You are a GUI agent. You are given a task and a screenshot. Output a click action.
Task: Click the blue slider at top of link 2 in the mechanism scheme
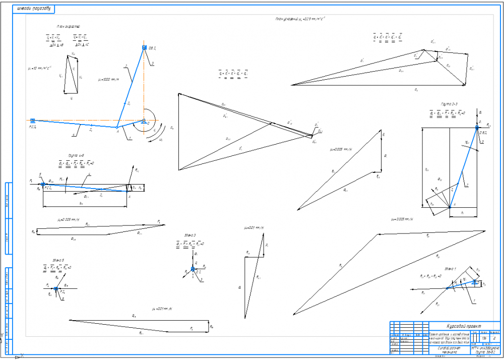144,47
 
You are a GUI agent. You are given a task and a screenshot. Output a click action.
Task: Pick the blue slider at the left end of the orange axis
32,121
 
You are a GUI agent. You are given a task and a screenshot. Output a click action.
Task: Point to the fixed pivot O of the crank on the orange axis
144,121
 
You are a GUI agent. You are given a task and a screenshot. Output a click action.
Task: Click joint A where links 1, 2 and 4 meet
117,127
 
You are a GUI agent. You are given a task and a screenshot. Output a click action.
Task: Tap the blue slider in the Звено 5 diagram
56,288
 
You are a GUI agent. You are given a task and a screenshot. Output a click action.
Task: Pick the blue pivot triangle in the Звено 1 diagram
475,283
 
